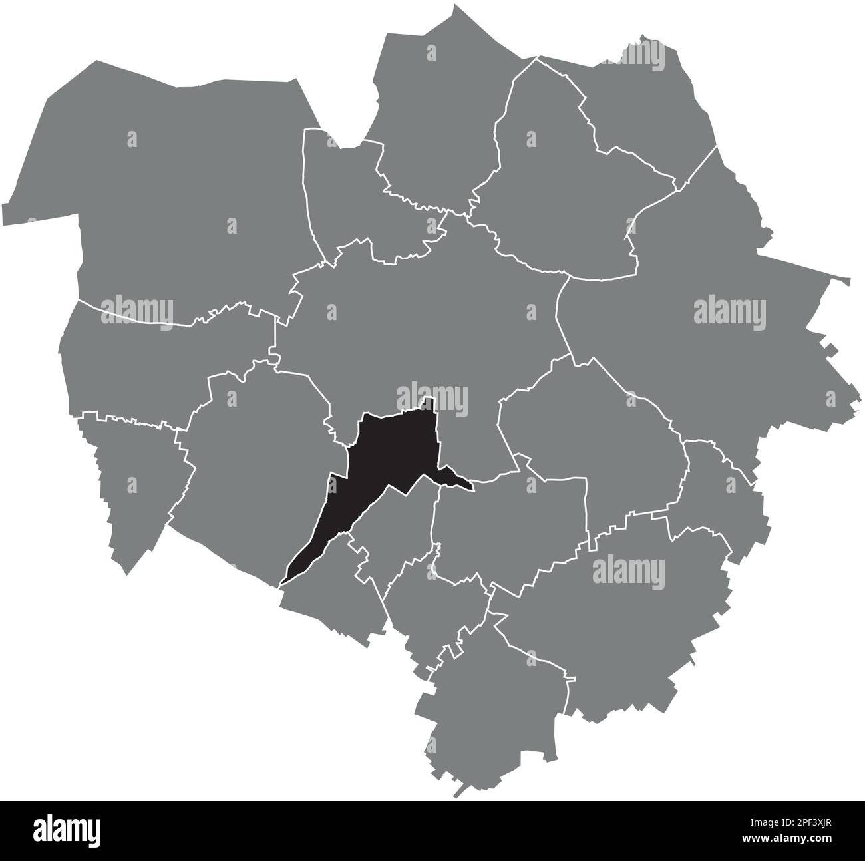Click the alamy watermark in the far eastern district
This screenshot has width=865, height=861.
(x=730, y=311)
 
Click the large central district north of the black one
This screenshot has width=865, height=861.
(x=426, y=313)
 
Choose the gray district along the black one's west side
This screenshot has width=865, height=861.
(x=259, y=466)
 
